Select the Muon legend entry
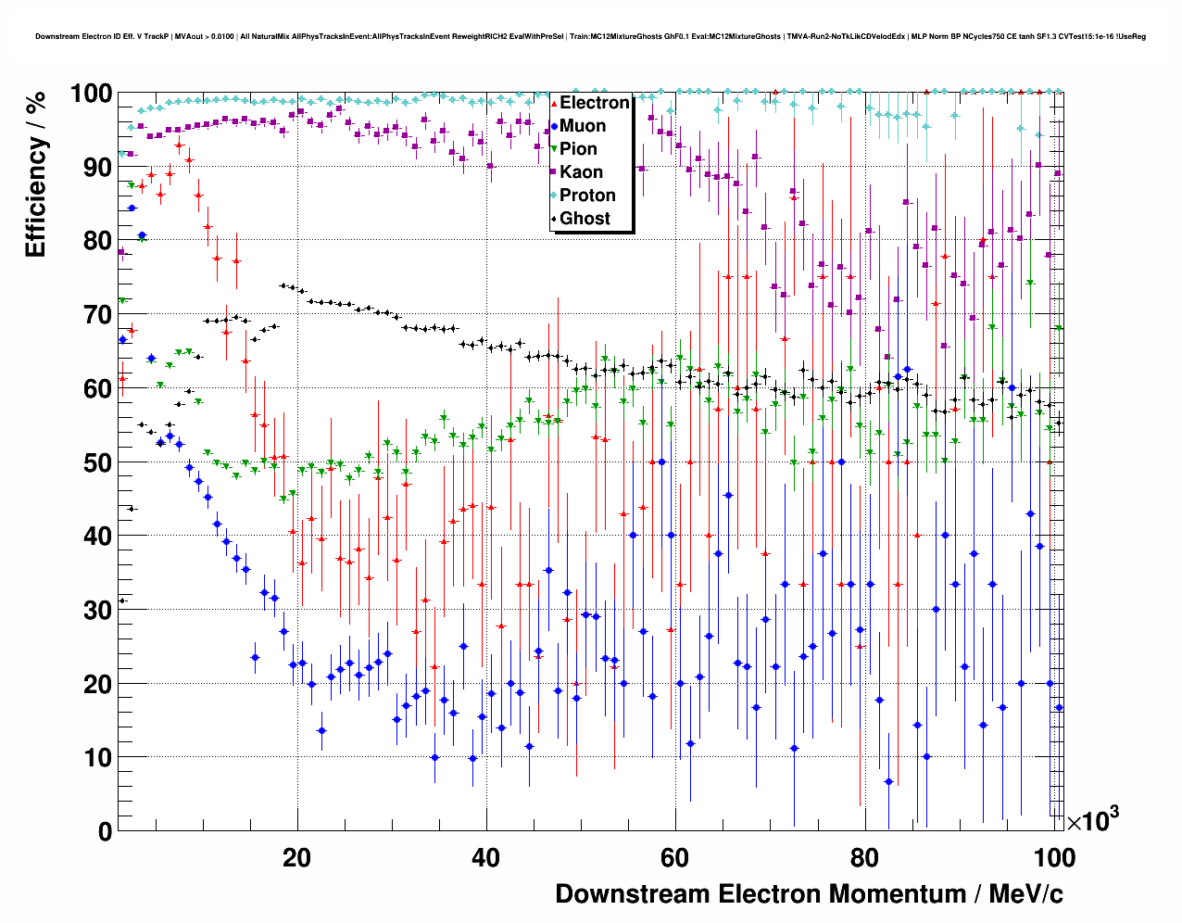pos(583,126)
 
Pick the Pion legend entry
pos(578,149)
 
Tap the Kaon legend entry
pos(581,172)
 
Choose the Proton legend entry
pos(587,196)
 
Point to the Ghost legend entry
pos(585,219)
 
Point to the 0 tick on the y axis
pos(105,831)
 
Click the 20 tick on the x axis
pos(296,858)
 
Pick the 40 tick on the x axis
pos(485,858)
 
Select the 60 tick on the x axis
pos(674,858)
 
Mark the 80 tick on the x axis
pos(863,858)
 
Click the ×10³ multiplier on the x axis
pos(1092,820)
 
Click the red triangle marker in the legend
pos(554,103)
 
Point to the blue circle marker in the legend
pos(554,126)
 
